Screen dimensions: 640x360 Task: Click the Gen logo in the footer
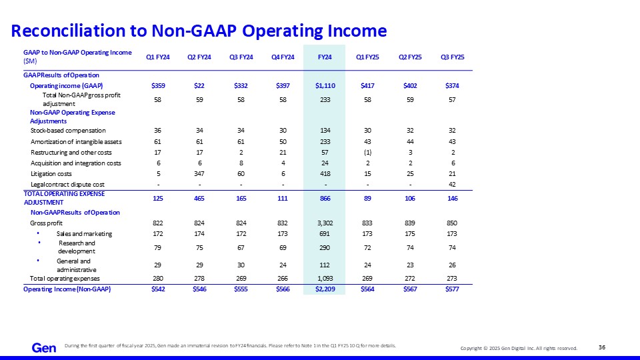point(44,348)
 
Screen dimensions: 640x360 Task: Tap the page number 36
point(602,347)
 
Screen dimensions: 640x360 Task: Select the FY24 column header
point(325,57)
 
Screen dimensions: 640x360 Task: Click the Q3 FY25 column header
point(452,57)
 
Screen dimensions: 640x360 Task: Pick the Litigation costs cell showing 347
point(199,174)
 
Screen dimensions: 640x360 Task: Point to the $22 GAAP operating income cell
point(199,86)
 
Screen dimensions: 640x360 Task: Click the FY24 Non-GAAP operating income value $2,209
point(325,289)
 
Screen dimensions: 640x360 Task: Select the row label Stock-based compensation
point(68,131)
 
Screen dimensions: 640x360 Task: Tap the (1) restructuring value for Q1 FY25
point(368,153)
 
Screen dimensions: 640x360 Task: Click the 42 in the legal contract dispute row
point(452,185)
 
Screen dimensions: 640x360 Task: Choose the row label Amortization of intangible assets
point(76,142)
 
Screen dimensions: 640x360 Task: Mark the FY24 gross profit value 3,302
point(325,223)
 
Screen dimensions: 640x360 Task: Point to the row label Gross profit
point(46,223)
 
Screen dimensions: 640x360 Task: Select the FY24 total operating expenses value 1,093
point(325,279)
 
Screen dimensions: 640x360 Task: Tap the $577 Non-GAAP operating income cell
point(452,289)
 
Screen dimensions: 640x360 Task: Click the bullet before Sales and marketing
point(38,233)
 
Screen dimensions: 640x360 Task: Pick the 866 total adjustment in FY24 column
point(325,199)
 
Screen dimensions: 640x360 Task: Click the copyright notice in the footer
point(519,348)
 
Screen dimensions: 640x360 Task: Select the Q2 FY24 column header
point(199,57)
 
